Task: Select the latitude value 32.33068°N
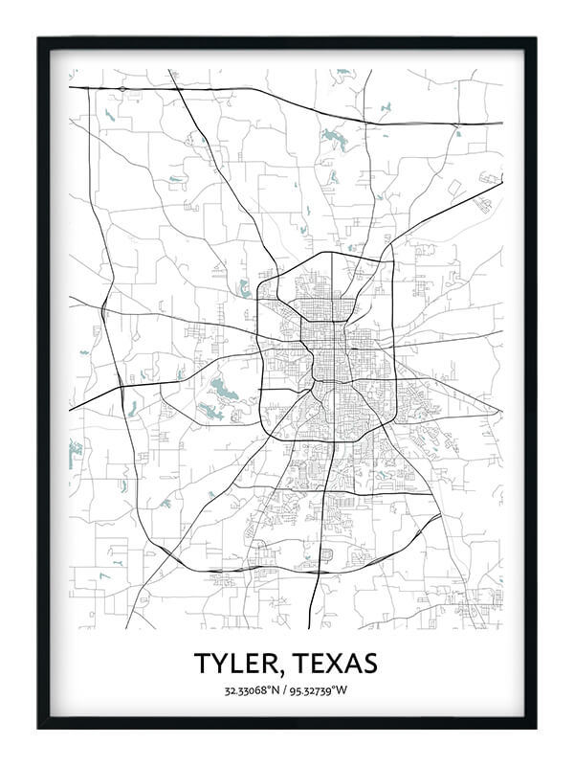[x=251, y=690]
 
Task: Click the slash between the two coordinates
[x=283, y=690]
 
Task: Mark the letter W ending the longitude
[x=346, y=690]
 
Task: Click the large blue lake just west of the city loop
[x=223, y=389]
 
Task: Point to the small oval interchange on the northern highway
[x=122, y=89]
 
